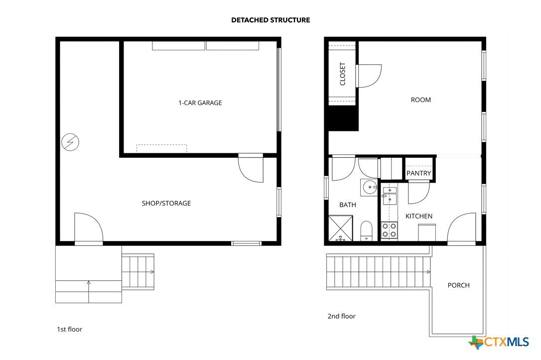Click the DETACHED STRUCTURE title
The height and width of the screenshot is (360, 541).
point(270,20)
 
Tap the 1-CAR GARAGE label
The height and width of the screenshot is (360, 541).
point(200,103)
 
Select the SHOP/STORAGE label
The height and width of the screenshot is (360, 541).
point(166,203)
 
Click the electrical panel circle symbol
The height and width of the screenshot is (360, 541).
point(70,142)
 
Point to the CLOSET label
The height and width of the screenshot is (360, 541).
point(343,74)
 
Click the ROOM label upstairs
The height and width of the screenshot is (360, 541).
point(420,100)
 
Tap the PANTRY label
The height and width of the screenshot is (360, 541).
point(418,173)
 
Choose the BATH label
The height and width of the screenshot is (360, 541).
point(347,205)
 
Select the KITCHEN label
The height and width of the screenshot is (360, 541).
point(419,216)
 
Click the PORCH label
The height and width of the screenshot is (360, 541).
point(458,285)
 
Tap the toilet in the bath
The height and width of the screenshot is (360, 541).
point(367,231)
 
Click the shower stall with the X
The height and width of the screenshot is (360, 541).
point(341,228)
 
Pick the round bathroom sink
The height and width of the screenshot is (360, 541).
point(370,188)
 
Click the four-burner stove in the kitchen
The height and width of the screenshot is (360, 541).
point(389,231)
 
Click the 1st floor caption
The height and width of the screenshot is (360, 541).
point(70,329)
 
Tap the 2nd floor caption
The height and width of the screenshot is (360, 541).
point(342,316)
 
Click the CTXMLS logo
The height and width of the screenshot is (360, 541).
point(499,342)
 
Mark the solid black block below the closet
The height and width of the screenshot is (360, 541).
point(343,118)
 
